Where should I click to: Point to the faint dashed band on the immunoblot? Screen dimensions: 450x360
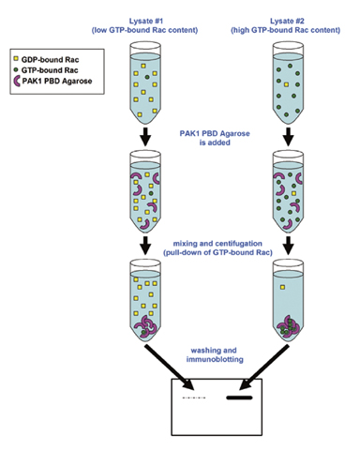coord(192,399)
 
